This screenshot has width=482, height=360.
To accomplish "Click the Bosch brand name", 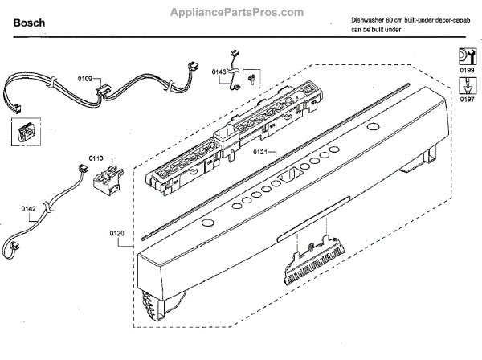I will (28, 23).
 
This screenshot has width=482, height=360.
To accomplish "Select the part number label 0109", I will (86, 79).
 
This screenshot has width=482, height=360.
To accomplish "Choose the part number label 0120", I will (117, 234).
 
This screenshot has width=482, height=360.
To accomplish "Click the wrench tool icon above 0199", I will (464, 55).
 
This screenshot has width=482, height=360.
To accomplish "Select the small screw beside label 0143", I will (251, 78).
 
